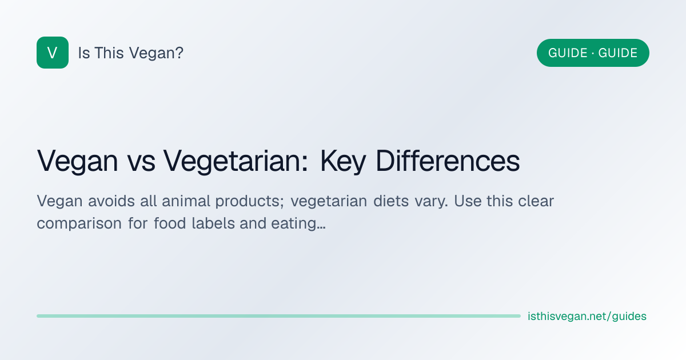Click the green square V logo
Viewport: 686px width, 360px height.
click(53, 53)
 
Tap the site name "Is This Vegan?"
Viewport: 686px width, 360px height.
click(131, 53)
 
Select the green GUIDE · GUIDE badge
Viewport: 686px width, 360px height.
click(593, 53)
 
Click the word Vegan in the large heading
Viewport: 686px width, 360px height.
click(78, 161)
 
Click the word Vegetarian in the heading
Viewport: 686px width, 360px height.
click(236, 161)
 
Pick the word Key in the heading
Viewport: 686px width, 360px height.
click(342, 161)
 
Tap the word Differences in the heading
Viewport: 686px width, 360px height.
click(448, 161)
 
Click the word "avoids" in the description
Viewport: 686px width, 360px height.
click(111, 201)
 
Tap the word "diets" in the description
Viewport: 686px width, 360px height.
click(391, 201)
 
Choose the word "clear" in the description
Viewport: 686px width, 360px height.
click(536, 201)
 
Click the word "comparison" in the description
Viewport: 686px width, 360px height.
click(79, 224)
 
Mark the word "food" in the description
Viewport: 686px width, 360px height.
click(170, 223)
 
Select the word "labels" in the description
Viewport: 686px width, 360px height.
click(213, 223)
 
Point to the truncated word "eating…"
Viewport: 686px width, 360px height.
click(298, 224)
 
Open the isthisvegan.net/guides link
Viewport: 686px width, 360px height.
click(587, 316)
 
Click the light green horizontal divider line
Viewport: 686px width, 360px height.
click(279, 316)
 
